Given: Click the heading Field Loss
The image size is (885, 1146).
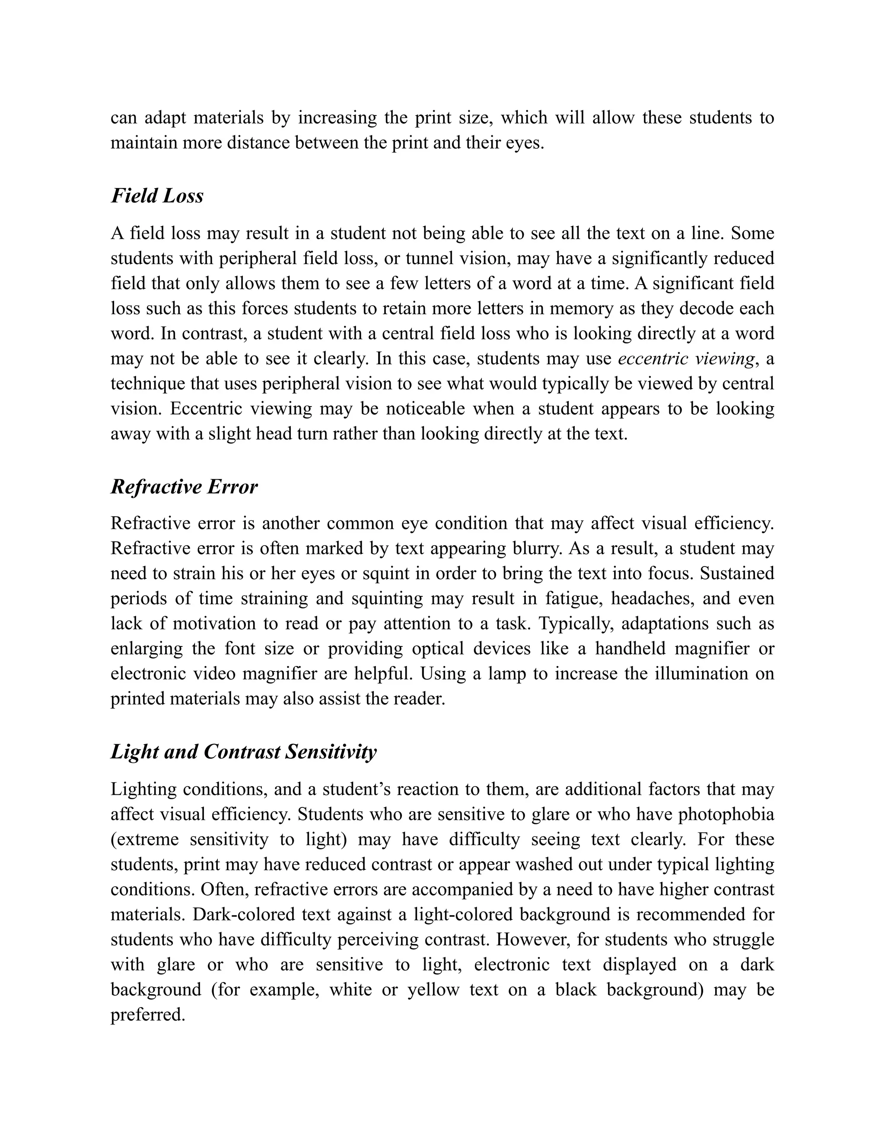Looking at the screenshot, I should click(x=157, y=196).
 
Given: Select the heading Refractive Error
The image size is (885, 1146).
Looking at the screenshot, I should click(x=184, y=487).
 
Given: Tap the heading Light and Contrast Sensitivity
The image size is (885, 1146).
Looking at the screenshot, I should click(x=243, y=752).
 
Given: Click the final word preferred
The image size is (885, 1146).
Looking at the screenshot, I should click(x=148, y=1014).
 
